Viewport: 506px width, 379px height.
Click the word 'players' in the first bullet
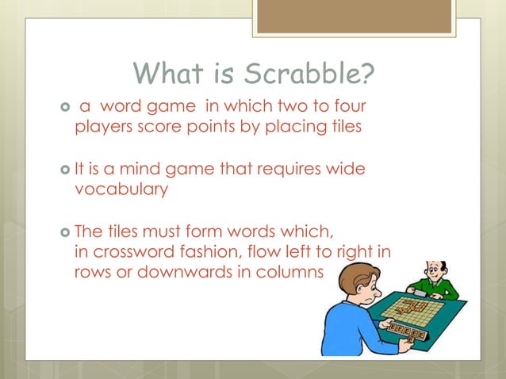[x=100, y=127]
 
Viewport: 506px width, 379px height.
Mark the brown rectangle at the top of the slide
[x=355, y=16]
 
